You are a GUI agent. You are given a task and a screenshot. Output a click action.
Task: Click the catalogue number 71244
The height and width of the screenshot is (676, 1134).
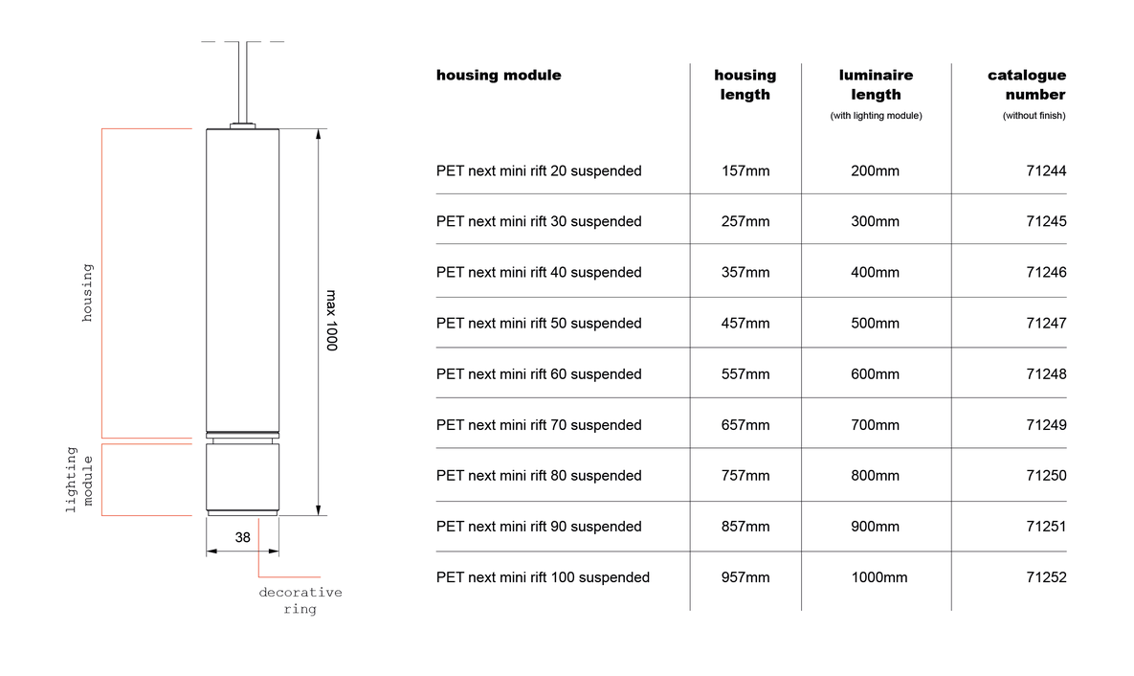[1046, 170]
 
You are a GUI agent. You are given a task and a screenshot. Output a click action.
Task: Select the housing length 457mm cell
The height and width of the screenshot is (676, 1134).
[745, 324]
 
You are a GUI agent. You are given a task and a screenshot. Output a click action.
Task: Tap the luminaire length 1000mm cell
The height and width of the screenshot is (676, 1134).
[878, 577]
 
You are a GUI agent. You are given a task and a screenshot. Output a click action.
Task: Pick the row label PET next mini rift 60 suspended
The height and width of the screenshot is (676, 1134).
[539, 374]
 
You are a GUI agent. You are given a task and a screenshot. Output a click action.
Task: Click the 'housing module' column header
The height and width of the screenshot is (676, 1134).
[499, 76]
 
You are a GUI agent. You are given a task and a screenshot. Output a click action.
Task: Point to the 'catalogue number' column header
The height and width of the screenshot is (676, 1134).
[1027, 84]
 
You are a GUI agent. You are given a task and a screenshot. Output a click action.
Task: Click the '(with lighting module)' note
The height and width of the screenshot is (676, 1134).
[876, 116]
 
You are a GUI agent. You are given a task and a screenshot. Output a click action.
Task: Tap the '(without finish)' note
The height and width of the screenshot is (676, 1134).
[1034, 116]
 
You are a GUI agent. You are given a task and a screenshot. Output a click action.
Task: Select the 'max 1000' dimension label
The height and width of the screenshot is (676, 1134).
[331, 321]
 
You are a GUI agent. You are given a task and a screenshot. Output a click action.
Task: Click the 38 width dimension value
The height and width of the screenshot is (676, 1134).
[242, 538]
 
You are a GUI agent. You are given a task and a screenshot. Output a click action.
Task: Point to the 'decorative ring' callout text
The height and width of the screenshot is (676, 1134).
[300, 600]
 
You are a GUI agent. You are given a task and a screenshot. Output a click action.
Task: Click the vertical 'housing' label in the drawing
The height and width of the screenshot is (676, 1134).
[87, 292]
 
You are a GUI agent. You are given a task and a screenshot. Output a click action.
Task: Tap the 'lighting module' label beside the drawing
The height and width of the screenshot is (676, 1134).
[79, 479]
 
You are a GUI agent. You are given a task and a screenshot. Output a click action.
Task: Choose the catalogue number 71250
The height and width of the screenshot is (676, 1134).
[1046, 476]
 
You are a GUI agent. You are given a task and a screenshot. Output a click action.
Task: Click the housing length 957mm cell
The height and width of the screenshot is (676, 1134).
[745, 577]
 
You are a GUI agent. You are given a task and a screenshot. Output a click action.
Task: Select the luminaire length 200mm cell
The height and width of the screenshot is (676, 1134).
[875, 170]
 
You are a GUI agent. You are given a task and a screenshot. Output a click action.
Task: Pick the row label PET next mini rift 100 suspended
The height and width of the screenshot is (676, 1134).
[543, 577]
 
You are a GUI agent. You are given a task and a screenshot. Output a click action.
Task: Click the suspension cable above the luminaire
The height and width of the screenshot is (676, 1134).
[243, 82]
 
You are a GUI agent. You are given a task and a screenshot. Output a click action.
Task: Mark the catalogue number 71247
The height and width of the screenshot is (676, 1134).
[1046, 324]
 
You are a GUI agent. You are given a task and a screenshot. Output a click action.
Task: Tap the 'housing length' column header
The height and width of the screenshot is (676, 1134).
[745, 84]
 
